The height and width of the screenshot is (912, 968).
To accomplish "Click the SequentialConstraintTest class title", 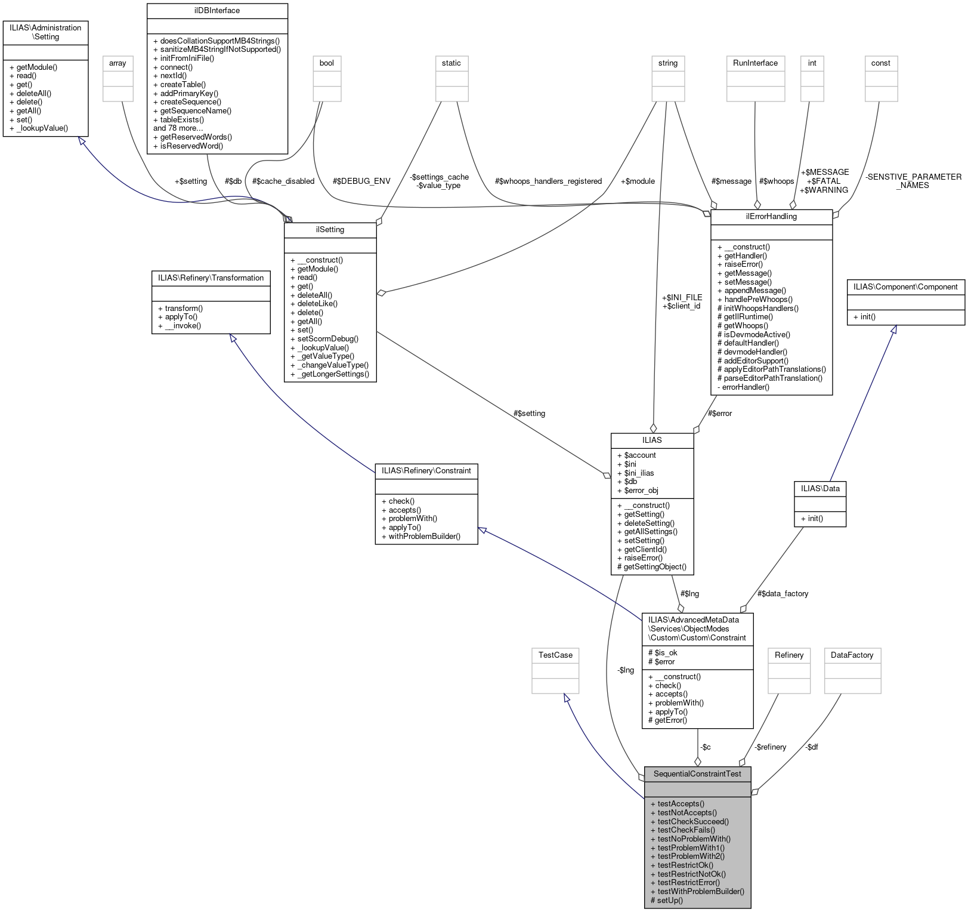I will coord(697,774).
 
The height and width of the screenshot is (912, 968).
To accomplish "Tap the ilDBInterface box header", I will coord(217,11).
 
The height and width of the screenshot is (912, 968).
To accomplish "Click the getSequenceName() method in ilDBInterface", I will coord(196,110).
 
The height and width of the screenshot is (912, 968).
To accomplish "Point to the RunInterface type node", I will coord(755,63).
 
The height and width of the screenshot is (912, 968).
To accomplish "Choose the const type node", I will coord(880,63).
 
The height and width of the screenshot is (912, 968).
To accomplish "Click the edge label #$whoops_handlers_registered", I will coord(548,181).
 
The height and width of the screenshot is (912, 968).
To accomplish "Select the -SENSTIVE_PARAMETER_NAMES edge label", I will coord(913,181).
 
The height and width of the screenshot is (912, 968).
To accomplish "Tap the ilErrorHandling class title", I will coord(771,216).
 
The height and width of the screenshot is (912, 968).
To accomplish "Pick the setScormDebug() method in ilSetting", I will coord(327,338).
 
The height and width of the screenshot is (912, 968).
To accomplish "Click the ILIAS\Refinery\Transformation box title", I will coord(211,278).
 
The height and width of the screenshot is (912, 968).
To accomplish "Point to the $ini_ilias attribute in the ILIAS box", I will coord(639,473).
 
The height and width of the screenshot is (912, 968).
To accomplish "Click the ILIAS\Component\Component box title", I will coord(905,287).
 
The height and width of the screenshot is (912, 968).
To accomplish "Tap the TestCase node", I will coord(555,655).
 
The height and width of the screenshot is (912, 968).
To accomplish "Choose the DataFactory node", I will coord(852,655).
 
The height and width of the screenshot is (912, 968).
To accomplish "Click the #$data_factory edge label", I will coord(783,593).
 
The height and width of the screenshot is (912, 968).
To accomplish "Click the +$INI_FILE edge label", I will coord(682,297).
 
